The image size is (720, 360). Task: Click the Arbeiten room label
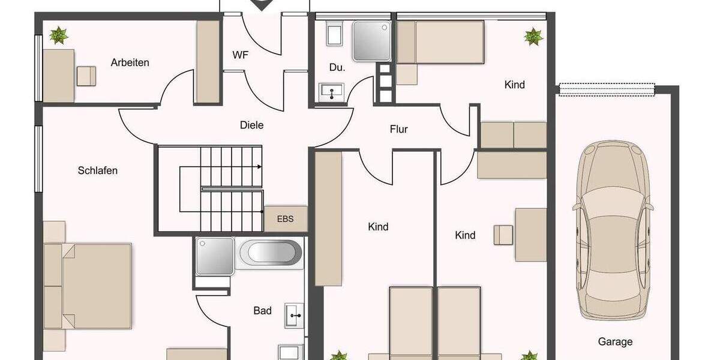tap(130, 62)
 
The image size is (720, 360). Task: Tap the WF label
tap(241, 55)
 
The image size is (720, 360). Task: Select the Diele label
tap(251, 125)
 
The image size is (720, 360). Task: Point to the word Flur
tap(398, 129)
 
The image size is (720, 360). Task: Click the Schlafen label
tap(98, 170)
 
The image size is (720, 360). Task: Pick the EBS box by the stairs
tap(286, 218)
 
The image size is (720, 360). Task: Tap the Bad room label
tap(262, 311)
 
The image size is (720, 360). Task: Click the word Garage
tap(615, 342)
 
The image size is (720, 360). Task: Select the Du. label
tap(337, 68)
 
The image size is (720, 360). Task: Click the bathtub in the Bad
tap(271, 254)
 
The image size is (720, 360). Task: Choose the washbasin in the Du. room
tap(331, 92)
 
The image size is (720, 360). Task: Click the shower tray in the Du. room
tap(371, 41)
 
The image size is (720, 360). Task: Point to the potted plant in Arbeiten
tap(59, 35)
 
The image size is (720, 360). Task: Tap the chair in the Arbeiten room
tap(86, 76)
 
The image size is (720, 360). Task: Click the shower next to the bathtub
tap(214, 256)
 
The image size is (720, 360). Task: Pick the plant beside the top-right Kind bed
tap(533, 37)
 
